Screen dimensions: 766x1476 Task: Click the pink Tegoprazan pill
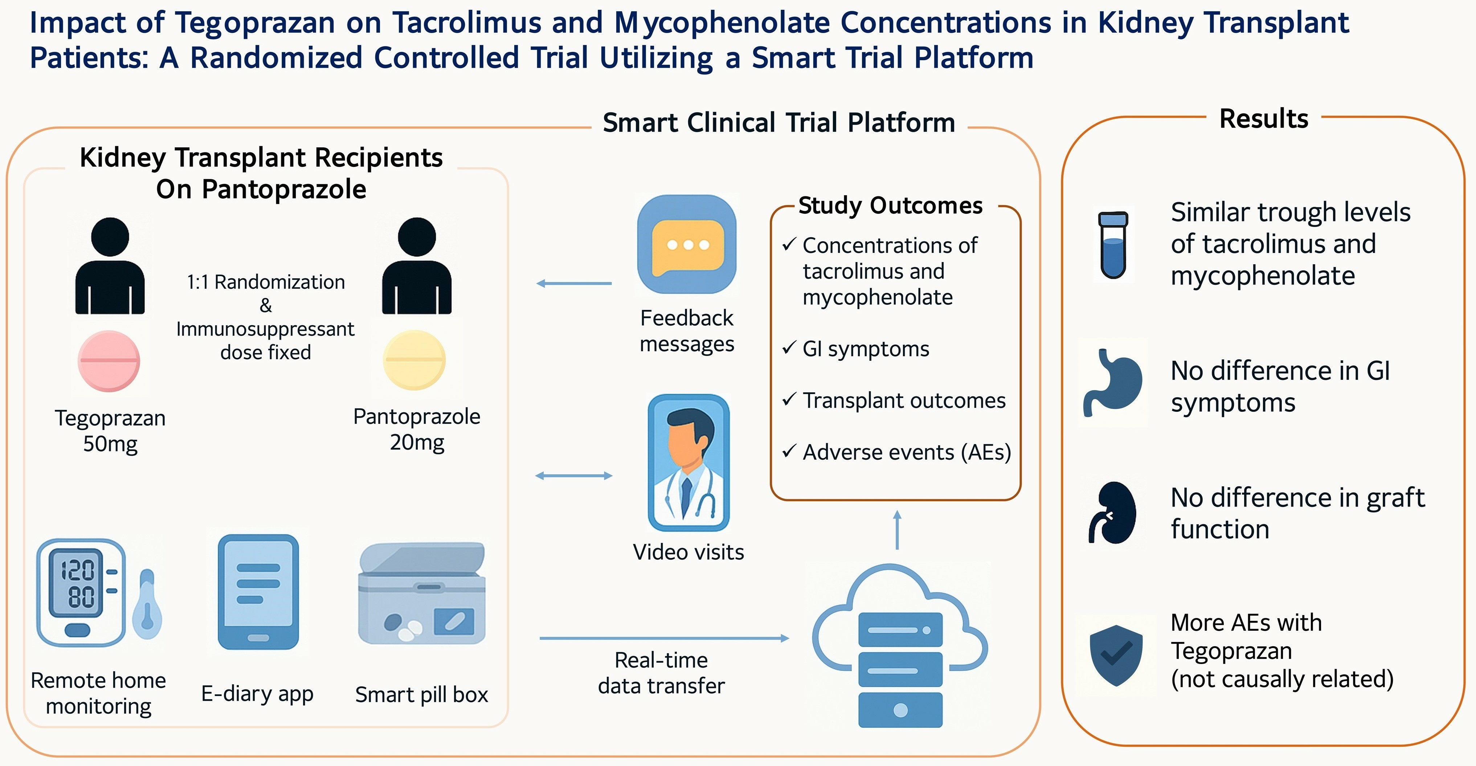coord(109,361)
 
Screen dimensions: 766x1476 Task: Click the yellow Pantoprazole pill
coord(414,360)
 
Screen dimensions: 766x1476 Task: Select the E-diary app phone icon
coord(258,592)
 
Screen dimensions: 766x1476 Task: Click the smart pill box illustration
coord(422,594)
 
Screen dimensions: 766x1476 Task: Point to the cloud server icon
coord(900,644)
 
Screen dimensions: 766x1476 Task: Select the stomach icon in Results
coord(1113,382)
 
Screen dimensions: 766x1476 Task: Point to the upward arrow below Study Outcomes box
coord(897,530)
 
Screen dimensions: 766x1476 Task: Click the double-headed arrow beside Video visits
coord(573,475)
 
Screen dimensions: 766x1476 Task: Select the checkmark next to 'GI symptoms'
coord(789,348)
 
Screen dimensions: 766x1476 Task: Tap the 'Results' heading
coord(1263,119)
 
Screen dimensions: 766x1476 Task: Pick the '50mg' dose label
coord(110,444)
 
